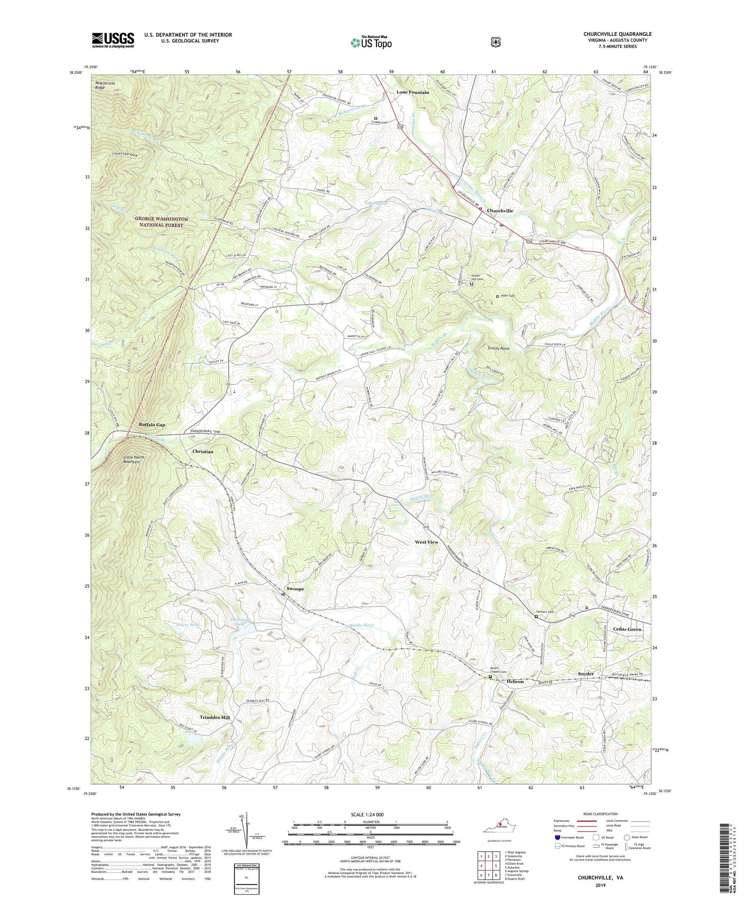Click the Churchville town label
point(500,211)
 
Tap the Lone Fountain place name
point(412,93)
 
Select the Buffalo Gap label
point(152,425)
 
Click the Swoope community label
point(295,589)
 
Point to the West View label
point(426,542)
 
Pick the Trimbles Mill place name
point(215,718)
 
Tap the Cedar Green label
point(627,629)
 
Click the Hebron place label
point(515,681)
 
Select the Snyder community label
point(585,674)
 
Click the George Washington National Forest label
point(161,222)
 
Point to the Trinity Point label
point(498,349)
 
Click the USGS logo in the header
point(113,40)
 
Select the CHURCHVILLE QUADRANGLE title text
point(617,34)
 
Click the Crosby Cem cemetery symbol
point(375,119)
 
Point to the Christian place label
point(202,451)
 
